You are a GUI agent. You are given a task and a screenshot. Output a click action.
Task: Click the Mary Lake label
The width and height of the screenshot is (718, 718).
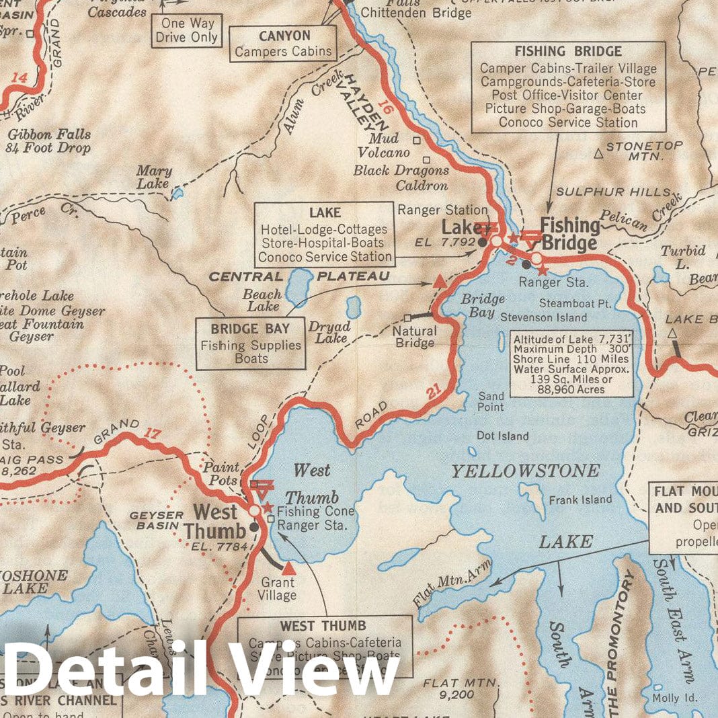point(155,177)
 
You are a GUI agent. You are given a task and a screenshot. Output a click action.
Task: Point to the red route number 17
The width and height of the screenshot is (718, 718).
point(153,433)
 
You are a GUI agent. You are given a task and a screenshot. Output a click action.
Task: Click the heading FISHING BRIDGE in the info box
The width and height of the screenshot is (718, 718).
point(568,52)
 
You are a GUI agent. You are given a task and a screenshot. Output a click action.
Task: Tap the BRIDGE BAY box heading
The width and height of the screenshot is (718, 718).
point(251,329)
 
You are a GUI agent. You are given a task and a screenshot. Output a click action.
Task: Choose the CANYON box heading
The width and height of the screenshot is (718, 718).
point(284,36)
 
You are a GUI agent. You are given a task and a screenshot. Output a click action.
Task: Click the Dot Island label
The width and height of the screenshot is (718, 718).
point(503,436)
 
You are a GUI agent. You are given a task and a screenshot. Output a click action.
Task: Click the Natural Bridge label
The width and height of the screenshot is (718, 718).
point(414,337)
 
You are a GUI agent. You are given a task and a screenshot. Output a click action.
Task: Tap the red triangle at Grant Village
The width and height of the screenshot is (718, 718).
point(288,569)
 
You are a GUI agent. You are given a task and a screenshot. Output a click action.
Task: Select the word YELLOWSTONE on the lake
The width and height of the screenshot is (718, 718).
point(525,471)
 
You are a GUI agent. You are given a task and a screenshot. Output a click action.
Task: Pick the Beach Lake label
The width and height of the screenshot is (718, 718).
point(262,301)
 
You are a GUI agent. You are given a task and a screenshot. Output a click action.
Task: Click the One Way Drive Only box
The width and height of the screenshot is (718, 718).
point(186,30)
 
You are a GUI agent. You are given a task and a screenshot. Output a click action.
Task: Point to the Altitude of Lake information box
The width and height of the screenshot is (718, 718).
point(572,362)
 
